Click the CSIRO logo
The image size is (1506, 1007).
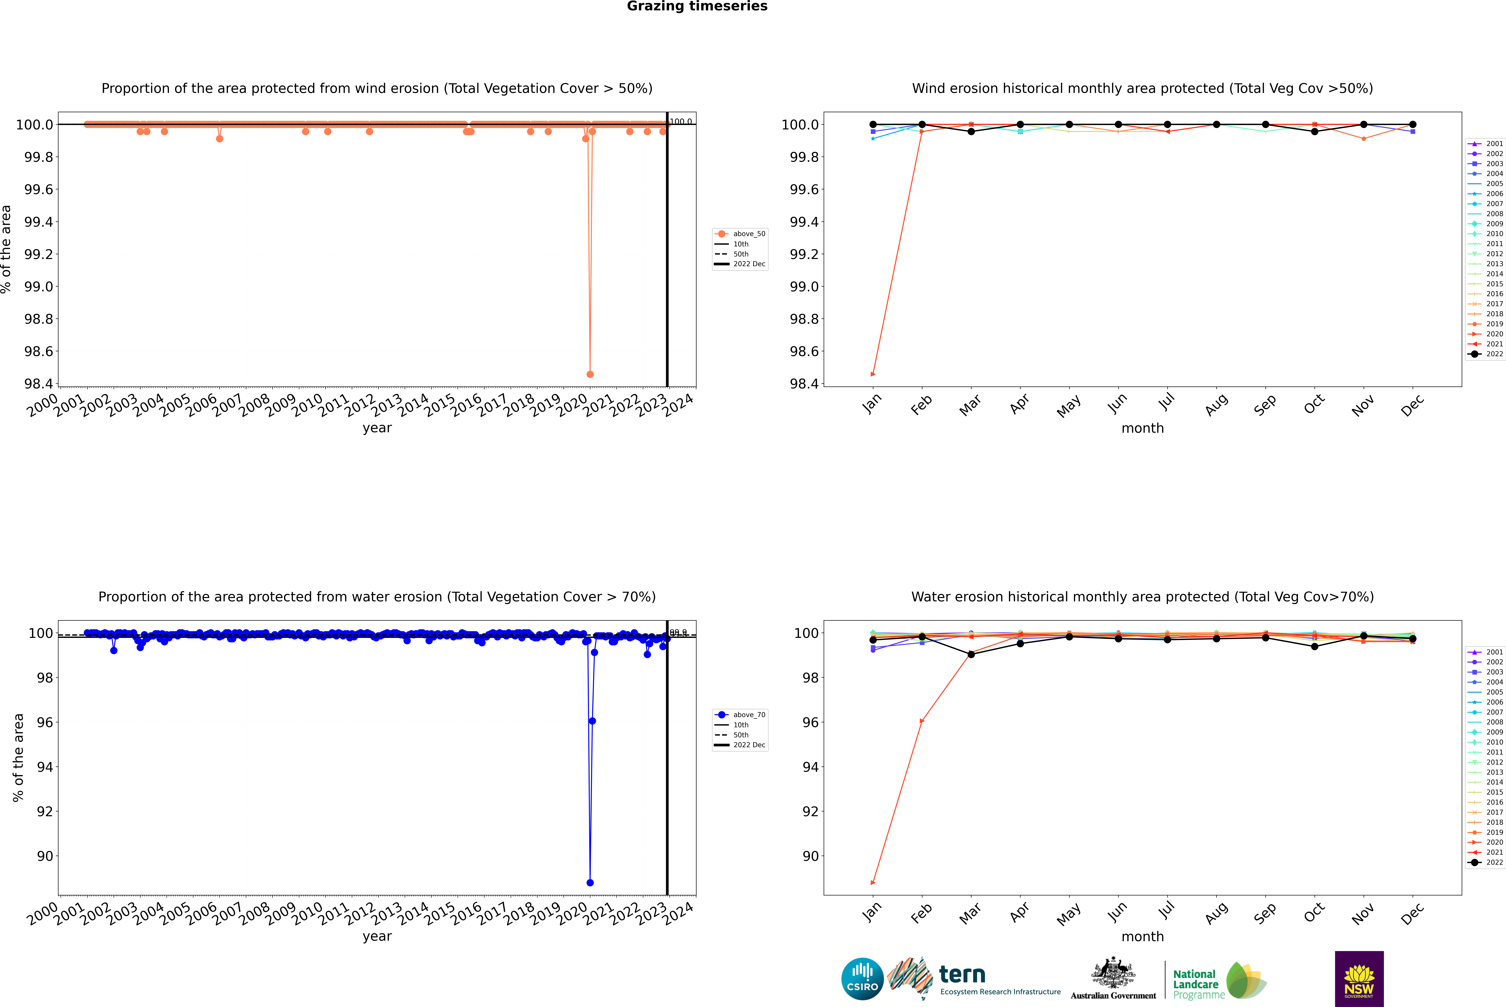tap(862, 979)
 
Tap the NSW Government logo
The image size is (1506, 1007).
tap(1359, 979)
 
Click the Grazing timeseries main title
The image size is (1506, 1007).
tap(697, 6)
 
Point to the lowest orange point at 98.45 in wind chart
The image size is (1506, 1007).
tap(590, 374)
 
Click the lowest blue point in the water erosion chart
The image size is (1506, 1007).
tap(590, 882)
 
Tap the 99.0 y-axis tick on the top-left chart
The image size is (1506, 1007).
tap(39, 286)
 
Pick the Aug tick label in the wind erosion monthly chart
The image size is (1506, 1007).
tap(1216, 405)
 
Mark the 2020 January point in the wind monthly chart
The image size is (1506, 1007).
tap(873, 374)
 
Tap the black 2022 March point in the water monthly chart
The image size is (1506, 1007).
tap(971, 654)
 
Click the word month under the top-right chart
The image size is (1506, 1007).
tap(1142, 428)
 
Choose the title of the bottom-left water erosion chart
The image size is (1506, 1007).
tap(377, 597)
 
